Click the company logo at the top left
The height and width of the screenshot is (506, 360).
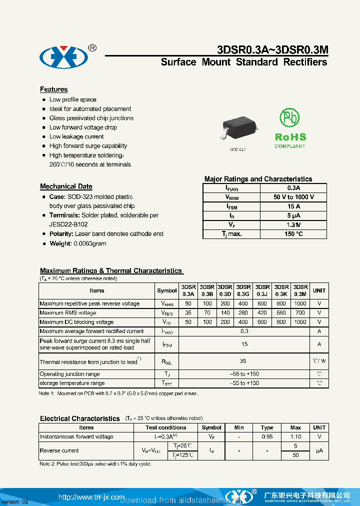point(64,57)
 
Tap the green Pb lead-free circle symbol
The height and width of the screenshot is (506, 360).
point(289,118)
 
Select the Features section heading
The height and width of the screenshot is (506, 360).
point(53,89)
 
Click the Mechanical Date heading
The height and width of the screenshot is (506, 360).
point(66,186)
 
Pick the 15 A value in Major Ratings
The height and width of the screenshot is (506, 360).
point(293,206)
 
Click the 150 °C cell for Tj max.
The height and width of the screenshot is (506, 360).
point(293,234)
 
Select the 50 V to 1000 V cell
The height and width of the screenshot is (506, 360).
point(293,197)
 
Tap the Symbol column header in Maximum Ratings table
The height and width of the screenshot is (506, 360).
point(167,290)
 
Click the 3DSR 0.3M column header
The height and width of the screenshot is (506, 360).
point(300,290)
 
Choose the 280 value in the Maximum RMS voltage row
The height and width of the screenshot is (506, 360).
point(243,313)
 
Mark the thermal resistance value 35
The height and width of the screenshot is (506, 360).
point(244,361)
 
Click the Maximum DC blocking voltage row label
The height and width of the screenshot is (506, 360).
point(76,322)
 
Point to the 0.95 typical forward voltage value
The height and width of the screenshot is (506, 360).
point(267,436)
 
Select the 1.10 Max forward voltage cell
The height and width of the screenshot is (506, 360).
point(295,436)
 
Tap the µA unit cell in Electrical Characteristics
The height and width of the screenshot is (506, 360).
point(319,450)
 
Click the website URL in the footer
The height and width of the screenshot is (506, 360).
point(91,497)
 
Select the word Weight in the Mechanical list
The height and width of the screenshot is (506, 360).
point(60,243)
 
